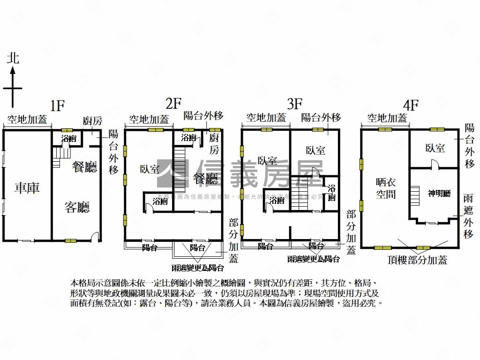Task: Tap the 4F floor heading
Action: tap(411, 105)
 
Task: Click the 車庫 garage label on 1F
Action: tap(27, 188)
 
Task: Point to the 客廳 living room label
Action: tap(77, 207)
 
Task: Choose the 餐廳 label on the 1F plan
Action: tap(85, 167)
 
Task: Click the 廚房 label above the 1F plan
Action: tap(92, 121)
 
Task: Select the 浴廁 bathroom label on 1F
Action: tap(69, 139)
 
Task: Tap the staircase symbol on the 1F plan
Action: tap(58, 157)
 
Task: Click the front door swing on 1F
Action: tap(95, 237)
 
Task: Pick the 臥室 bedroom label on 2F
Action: tap(149, 169)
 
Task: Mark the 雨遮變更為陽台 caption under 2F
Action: tap(197, 268)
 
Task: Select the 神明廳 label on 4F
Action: tap(439, 193)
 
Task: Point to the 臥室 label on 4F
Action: tap(435, 148)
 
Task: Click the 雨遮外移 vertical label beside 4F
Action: tap(468, 216)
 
